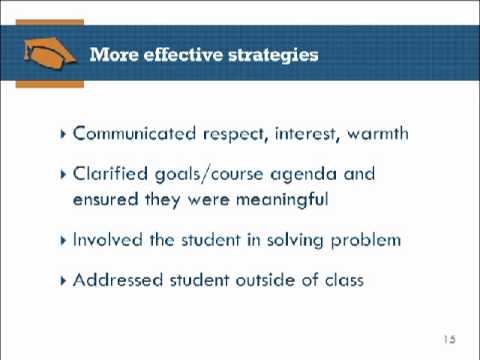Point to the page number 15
pyautogui.click(x=447, y=339)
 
